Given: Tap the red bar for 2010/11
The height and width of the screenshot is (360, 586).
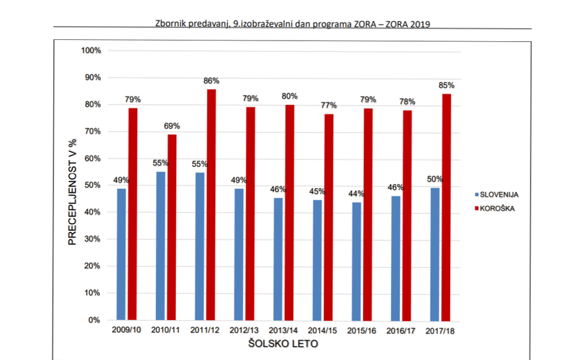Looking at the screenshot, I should click(x=172, y=227).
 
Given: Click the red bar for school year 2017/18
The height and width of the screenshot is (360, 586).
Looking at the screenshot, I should click(x=446, y=207).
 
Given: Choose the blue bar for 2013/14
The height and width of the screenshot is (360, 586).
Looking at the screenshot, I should click(x=278, y=259).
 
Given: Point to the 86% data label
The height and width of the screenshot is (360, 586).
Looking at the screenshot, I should click(x=211, y=81).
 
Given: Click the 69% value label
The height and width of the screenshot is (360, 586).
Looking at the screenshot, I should click(x=172, y=126).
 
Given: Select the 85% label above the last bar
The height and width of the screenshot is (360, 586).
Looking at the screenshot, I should click(x=446, y=85).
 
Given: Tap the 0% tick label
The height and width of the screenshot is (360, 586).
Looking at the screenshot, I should click(x=94, y=320).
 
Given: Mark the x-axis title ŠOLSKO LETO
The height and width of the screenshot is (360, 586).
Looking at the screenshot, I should click(x=282, y=344).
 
